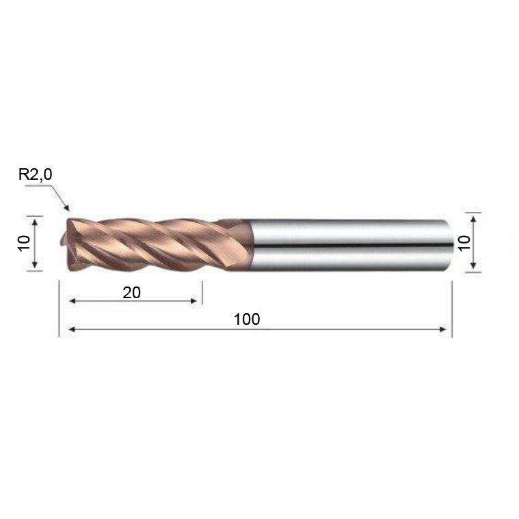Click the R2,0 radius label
[x=35, y=174]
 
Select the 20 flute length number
[x=131, y=293]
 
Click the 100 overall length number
[x=247, y=319]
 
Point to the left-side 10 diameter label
[x=24, y=243]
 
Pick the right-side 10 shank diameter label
[x=464, y=243]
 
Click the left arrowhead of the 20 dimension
[x=72, y=301]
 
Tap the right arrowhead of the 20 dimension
[x=194, y=301]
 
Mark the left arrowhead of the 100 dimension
[x=72, y=329]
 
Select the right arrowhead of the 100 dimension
[x=442, y=329]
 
